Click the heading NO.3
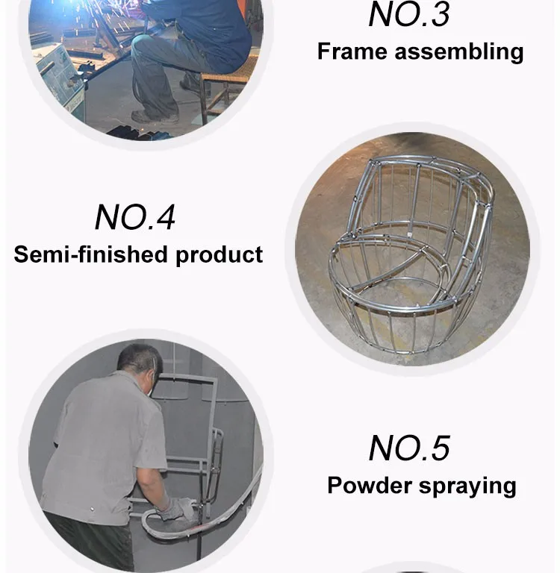[x=409, y=15]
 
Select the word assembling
[x=459, y=52]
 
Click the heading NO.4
[x=135, y=217]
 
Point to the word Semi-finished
[x=90, y=254]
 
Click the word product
[x=220, y=255]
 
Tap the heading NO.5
[x=409, y=448]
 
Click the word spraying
[x=467, y=487]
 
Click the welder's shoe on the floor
[x=155, y=117]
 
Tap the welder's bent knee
[x=141, y=43]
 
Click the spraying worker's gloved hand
[x=175, y=509]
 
